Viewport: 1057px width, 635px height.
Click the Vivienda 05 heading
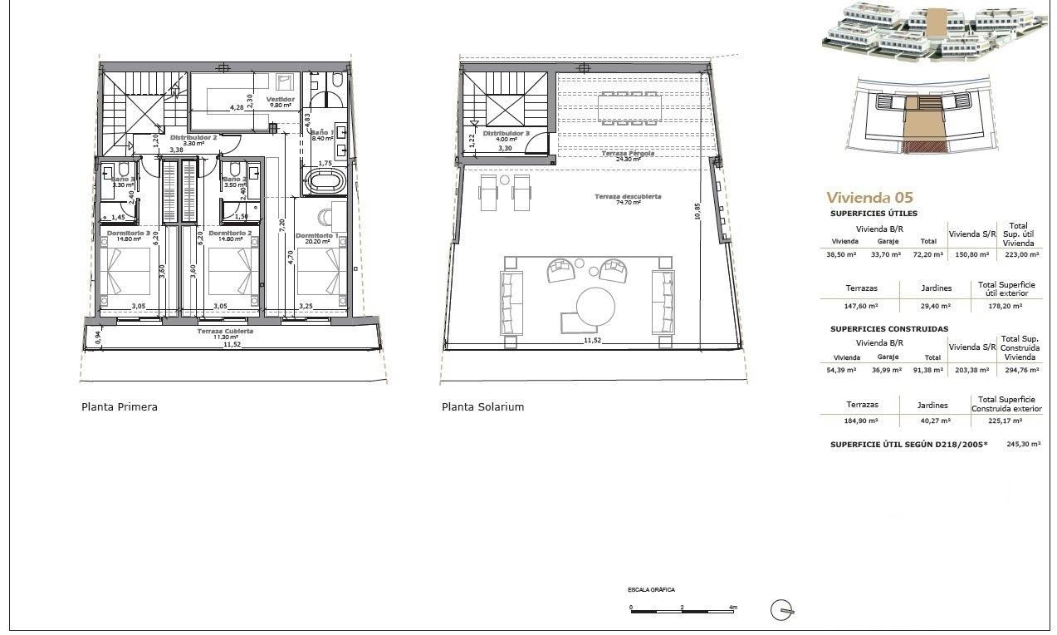pyautogui.click(x=869, y=198)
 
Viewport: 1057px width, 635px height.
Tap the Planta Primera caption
pyautogui.click(x=120, y=407)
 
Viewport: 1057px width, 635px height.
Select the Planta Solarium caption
pyautogui.click(x=482, y=407)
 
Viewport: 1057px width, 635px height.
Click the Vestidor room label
pyautogui.click(x=280, y=100)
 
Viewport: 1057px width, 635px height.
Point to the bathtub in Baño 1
pyautogui.click(x=321, y=180)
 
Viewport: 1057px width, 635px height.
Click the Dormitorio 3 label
pyautogui.click(x=129, y=234)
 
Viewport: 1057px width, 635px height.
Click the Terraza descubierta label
pyautogui.click(x=628, y=196)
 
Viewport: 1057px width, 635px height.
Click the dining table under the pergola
pyautogui.click(x=627, y=106)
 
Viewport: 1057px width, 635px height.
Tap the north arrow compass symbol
pyautogui.click(x=781, y=610)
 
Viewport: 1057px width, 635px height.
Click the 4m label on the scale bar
pyautogui.click(x=732, y=608)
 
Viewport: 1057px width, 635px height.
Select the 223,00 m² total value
pyautogui.click(x=1018, y=254)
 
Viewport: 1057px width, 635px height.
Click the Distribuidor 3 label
pyautogui.click(x=506, y=133)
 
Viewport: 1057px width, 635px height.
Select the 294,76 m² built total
pyautogui.click(x=1018, y=370)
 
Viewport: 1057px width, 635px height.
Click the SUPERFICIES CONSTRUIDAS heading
pyautogui.click(x=889, y=329)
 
